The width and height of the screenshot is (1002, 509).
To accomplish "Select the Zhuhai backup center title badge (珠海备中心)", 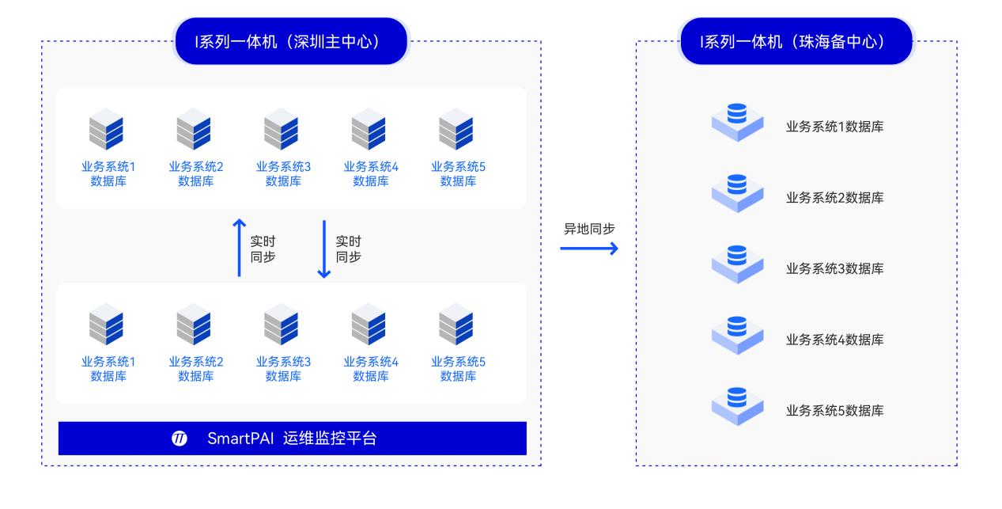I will point(796,41).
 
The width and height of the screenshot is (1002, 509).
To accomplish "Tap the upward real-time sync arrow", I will point(240,248).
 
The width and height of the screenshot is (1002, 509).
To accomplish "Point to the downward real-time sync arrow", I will point(323,248).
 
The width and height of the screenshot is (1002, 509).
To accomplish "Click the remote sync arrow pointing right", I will point(588,249).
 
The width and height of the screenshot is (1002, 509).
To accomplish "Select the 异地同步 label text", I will point(588,229).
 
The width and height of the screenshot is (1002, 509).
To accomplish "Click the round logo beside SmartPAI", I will point(180,439).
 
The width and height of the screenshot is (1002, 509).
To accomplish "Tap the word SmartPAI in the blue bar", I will point(240,439).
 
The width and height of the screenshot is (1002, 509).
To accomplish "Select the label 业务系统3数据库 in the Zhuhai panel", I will point(834,268).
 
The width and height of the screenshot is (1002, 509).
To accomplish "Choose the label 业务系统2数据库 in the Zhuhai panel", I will point(834,198).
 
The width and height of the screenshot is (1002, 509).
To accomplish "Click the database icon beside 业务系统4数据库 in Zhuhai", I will point(737,333).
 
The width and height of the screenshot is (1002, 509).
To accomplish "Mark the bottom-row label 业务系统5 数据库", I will point(458,369).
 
